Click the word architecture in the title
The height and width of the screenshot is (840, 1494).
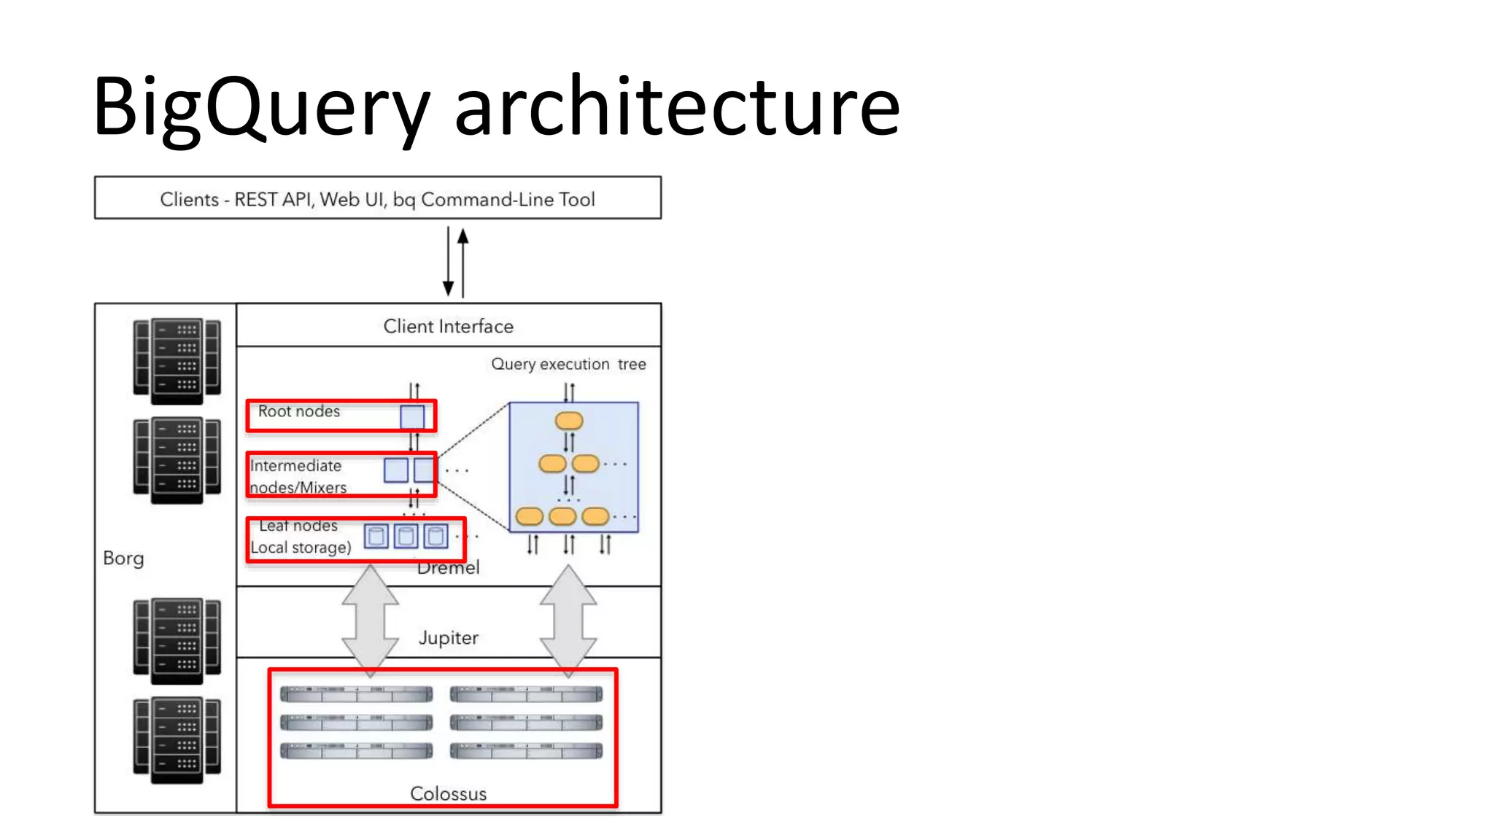(677, 108)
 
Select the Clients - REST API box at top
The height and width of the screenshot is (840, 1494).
(377, 198)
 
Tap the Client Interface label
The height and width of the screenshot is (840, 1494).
(448, 326)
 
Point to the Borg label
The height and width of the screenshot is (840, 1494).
(123, 558)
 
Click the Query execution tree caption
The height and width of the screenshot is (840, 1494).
(568, 364)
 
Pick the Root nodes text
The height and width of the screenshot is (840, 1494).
(299, 411)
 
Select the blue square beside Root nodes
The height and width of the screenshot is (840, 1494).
(412, 417)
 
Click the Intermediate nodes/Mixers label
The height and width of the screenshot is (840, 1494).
(296, 476)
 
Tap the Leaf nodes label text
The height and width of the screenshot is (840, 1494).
(298, 526)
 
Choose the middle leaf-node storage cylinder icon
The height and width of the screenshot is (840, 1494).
(406, 537)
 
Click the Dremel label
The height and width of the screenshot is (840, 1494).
(448, 568)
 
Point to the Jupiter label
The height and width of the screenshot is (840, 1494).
(448, 637)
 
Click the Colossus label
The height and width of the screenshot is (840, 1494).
(448, 793)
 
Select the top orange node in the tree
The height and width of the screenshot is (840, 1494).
(569, 421)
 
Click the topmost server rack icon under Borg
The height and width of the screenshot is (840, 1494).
(177, 361)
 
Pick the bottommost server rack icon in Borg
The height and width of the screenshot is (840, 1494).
(177, 740)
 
